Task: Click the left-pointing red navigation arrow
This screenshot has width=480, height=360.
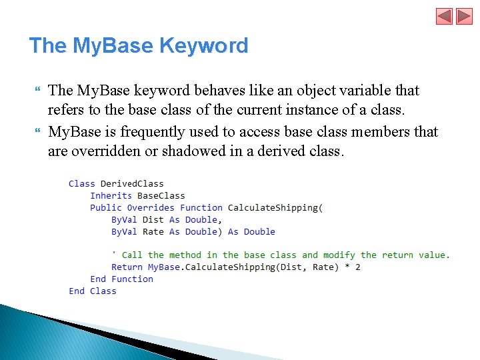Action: [x=445, y=16]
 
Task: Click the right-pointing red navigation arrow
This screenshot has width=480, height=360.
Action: [x=464, y=16]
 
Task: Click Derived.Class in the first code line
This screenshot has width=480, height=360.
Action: [x=132, y=183]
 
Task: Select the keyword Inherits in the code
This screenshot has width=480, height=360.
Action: [x=111, y=195]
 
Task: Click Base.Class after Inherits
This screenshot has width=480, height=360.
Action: [x=161, y=195]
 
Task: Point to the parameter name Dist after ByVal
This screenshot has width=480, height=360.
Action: [x=153, y=219]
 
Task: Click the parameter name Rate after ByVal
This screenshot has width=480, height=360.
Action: [x=153, y=231]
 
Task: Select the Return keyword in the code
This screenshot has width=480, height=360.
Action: [x=127, y=267]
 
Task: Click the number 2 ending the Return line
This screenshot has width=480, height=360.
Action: [x=358, y=267]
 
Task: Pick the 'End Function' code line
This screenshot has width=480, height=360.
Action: [x=121, y=279]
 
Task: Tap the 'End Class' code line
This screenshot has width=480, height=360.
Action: [x=92, y=291]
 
